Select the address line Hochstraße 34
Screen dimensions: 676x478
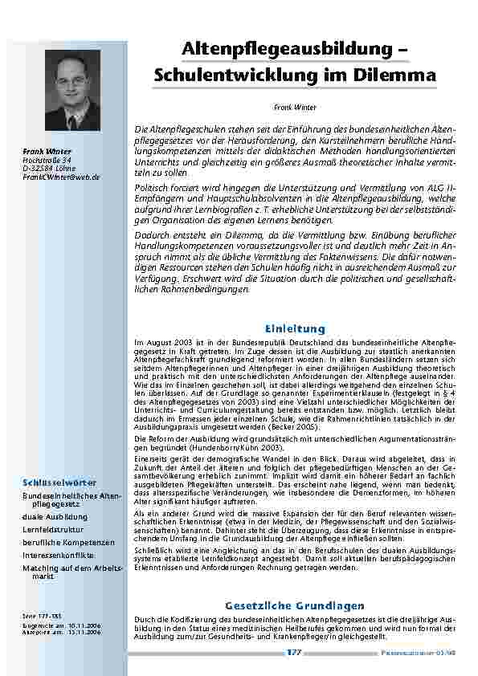click(x=44, y=160)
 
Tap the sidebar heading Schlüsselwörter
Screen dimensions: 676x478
click(x=59, y=483)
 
